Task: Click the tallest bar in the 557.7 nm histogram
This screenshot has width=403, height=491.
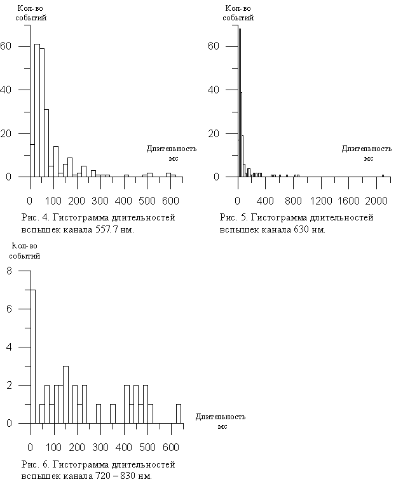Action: pos(37,111)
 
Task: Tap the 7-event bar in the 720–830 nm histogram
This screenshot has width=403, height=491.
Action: pos(33,357)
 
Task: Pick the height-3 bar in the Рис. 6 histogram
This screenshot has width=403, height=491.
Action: pos(66,395)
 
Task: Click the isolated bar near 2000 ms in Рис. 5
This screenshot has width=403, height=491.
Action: pos(383,176)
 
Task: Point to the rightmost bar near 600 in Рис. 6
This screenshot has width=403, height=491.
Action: pos(179,414)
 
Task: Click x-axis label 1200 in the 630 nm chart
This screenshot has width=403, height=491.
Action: pos(321,201)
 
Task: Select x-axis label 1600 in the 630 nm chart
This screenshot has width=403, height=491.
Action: pos(348,201)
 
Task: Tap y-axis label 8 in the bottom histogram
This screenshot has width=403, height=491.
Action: pos(9,271)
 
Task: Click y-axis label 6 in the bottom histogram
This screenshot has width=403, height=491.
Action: pos(9,309)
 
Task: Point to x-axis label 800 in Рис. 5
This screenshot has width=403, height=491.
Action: pos(293,201)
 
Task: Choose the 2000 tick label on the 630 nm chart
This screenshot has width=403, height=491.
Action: pos(376,201)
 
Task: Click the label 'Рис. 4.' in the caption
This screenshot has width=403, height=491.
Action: pos(34,217)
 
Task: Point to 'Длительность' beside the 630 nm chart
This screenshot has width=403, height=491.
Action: pos(367,149)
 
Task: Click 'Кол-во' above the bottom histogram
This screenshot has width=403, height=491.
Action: pos(24,246)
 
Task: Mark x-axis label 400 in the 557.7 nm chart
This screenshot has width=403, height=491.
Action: pos(123,201)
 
